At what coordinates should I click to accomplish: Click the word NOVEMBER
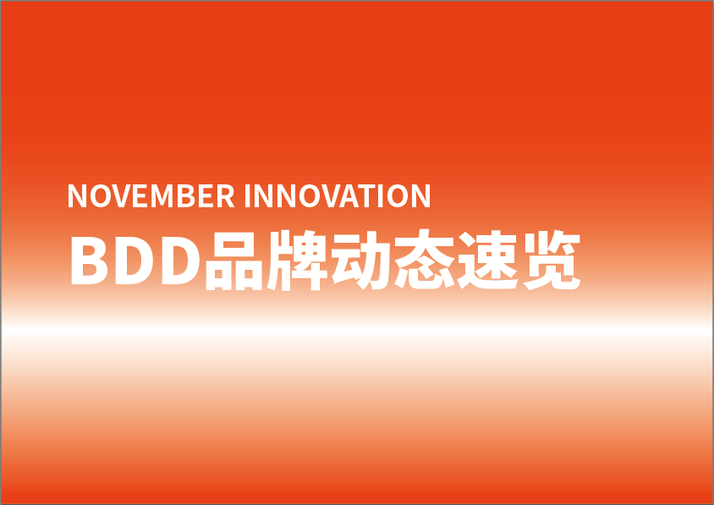point(151,195)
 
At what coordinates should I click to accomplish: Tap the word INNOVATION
point(337,195)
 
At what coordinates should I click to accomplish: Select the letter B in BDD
point(89,261)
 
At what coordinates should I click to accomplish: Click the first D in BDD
point(134,261)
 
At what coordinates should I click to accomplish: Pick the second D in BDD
point(181,261)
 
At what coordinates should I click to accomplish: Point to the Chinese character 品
point(234,261)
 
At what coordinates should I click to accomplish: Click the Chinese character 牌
point(297,260)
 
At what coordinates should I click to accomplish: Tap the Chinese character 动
point(360,260)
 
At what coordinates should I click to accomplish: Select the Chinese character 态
point(425,260)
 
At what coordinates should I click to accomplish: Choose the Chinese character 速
point(487,260)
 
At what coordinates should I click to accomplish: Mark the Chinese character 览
point(552,260)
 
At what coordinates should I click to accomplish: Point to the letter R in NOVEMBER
point(225,195)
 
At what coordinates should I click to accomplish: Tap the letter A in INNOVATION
point(349,195)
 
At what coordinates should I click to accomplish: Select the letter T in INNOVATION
point(366,195)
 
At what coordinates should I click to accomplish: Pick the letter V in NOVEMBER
point(122,195)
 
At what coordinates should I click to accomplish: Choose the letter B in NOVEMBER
point(186,195)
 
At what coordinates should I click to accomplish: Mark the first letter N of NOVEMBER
point(77,195)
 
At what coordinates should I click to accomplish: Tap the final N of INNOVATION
point(420,195)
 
